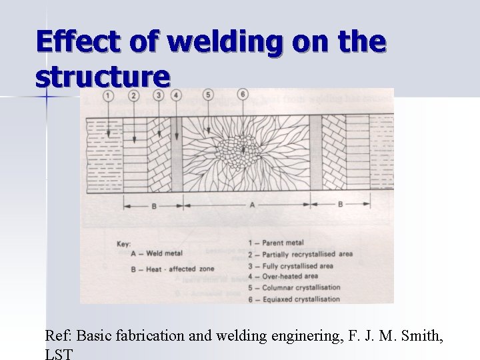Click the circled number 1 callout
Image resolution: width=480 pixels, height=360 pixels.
(x=108, y=95)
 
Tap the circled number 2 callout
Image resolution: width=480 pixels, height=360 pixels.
(x=135, y=95)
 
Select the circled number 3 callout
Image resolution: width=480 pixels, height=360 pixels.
(x=159, y=95)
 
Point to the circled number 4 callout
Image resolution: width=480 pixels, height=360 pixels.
(x=176, y=95)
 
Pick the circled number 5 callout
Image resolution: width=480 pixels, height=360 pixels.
(x=209, y=95)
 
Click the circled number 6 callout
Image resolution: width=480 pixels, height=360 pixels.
(x=243, y=95)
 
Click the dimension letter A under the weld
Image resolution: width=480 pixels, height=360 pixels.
(x=251, y=206)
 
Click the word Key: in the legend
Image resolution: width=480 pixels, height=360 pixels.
(x=123, y=243)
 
